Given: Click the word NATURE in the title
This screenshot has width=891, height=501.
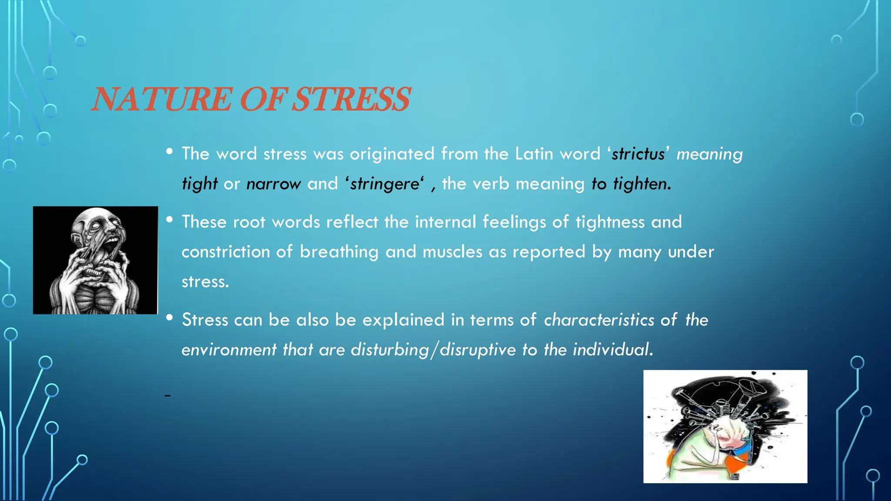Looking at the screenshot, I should pyautogui.click(x=161, y=99).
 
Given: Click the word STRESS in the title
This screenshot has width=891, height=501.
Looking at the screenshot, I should pyautogui.click(x=350, y=99).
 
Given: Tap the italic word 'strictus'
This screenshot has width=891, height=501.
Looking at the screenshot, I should pyautogui.click(x=638, y=154).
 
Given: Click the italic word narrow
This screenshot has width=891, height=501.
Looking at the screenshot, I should pyautogui.click(x=273, y=184).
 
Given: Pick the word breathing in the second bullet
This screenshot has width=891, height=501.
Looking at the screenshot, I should pyautogui.click(x=339, y=252).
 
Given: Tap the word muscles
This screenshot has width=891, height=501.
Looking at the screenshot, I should pyautogui.click(x=452, y=252).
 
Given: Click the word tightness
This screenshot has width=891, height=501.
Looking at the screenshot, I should pyautogui.click(x=610, y=222).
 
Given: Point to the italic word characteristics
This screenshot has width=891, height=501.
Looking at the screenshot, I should pyautogui.click(x=599, y=320).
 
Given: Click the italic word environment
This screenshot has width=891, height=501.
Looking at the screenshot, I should pyautogui.click(x=229, y=350).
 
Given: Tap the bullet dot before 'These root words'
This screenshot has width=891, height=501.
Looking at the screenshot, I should pyautogui.click(x=170, y=220).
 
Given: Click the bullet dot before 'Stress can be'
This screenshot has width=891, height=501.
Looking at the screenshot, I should pyautogui.click(x=170, y=317).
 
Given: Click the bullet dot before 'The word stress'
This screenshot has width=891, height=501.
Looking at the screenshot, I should pyautogui.click(x=170, y=151).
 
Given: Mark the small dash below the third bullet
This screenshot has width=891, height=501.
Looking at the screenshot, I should pyautogui.click(x=167, y=395).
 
